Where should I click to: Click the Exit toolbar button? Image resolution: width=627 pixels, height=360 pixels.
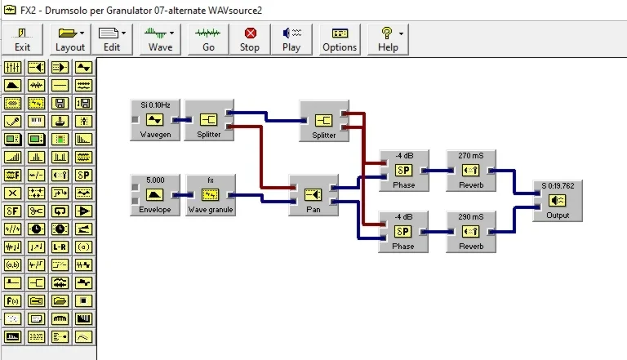[x=23, y=38]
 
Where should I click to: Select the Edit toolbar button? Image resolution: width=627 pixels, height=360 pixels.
[x=112, y=38]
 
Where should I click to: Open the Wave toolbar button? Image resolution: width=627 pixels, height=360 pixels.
[x=160, y=38]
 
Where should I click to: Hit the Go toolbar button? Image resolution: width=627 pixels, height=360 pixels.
[x=208, y=38]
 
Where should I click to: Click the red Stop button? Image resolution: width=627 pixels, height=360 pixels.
[x=250, y=38]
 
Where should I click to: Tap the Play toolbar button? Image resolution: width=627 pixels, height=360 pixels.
[x=291, y=38]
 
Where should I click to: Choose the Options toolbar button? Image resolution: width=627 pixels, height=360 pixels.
[x=340, y=38]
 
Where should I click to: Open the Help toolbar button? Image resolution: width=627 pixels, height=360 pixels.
[x=388, y=38]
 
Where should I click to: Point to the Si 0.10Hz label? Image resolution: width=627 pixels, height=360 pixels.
[x=155, y=105]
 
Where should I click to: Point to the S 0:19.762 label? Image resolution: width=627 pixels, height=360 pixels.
[x=557, y=185]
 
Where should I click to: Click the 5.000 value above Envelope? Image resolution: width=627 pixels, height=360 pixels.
[x=155, y=180]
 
